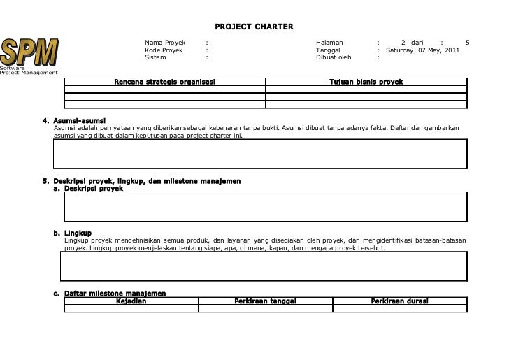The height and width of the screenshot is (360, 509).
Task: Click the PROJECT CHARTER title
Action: click(x=254, y=27)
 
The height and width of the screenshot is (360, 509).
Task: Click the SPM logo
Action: click(x=29, y=51)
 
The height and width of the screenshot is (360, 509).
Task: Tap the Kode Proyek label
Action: click(x=163, y=50)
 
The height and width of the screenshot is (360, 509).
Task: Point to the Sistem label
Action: click(x=155, y=57)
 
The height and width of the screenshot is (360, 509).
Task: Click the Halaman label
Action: click(x=329, y=43)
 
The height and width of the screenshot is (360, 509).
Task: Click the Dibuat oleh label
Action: click(x=334, y=57)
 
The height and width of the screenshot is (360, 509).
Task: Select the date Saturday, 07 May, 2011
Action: click(x=422, y=50)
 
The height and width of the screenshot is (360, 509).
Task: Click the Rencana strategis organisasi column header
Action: click(x=164, y=82)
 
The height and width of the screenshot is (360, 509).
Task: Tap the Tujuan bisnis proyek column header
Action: click(x=366, y=82)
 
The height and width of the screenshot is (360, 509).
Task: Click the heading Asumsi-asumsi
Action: click(x=79, y=121)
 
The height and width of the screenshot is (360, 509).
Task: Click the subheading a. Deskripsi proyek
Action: click(x=93, y=188)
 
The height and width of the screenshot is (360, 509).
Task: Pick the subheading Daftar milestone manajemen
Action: click(x=115, y=293)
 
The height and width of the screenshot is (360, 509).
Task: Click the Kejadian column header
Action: click(x=131, y=301)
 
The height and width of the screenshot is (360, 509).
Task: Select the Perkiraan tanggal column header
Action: click(x=265, y=301)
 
